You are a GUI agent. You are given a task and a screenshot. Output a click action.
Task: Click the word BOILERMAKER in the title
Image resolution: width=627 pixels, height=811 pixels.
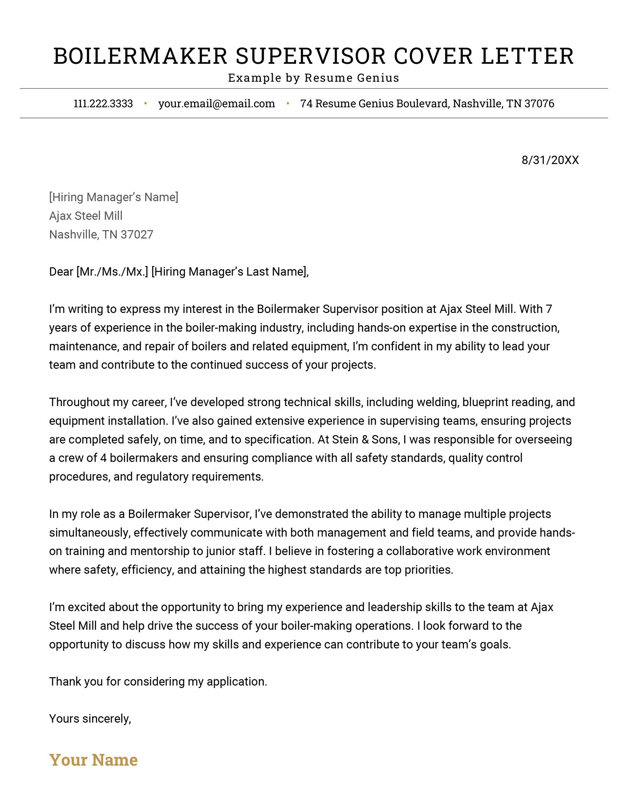(x=140, y=56)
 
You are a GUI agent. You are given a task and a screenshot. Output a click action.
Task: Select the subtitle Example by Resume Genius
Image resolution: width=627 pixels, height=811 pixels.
(x=313, y=78)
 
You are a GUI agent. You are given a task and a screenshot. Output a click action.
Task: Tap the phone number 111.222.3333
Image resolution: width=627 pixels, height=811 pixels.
(x=103, y=104)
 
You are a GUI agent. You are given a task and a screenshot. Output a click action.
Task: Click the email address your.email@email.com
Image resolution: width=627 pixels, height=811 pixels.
(x=216, y=104)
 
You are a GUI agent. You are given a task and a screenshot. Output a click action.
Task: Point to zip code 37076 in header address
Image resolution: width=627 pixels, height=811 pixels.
(x=539, y=104)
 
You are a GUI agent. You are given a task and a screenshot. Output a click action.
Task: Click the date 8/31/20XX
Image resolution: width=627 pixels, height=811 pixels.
(x=550, y=160)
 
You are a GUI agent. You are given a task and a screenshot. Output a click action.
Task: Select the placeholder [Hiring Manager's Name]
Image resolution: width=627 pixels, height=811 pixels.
(x=114, y=197)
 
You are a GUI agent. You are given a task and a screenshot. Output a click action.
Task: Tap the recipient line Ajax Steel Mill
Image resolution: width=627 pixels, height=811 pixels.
(x=86, y=216)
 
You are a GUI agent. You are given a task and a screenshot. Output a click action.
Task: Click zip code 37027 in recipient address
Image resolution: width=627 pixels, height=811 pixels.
(x=137, y=235)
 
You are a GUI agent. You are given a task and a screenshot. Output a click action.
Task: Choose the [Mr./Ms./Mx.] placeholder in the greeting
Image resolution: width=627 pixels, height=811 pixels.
(x=112, y=272)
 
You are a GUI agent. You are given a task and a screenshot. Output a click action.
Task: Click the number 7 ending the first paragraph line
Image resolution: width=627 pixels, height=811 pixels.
(x=549, y=309)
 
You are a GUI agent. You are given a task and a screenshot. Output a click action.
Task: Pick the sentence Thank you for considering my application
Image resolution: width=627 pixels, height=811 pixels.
(x=158, y=682)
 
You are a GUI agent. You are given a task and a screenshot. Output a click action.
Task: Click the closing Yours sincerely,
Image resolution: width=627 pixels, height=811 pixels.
(x=90, y=719)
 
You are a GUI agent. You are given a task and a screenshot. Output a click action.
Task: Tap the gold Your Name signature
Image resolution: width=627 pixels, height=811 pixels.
(x=93, y=760)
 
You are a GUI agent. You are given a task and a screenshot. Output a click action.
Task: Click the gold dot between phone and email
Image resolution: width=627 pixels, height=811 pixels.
(x=145, y=104)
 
